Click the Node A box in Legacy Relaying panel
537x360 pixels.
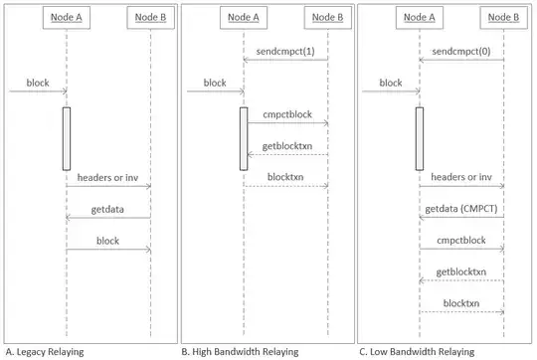point(67,19)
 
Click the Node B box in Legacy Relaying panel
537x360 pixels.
point(150,19)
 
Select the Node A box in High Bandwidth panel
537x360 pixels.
point(244,19)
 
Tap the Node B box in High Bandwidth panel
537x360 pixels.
point(327,19)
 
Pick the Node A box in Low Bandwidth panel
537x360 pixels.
point(419,19)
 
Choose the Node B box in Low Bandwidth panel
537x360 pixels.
point(503,19)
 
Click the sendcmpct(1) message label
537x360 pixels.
point(286,50)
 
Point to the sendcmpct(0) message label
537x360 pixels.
point(460,50)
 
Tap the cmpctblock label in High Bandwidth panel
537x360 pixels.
point(286,114)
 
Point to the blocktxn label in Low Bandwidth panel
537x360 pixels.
point(460,301)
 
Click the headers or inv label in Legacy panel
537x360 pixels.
point(108,176)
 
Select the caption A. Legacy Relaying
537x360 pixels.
point(45,351)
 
